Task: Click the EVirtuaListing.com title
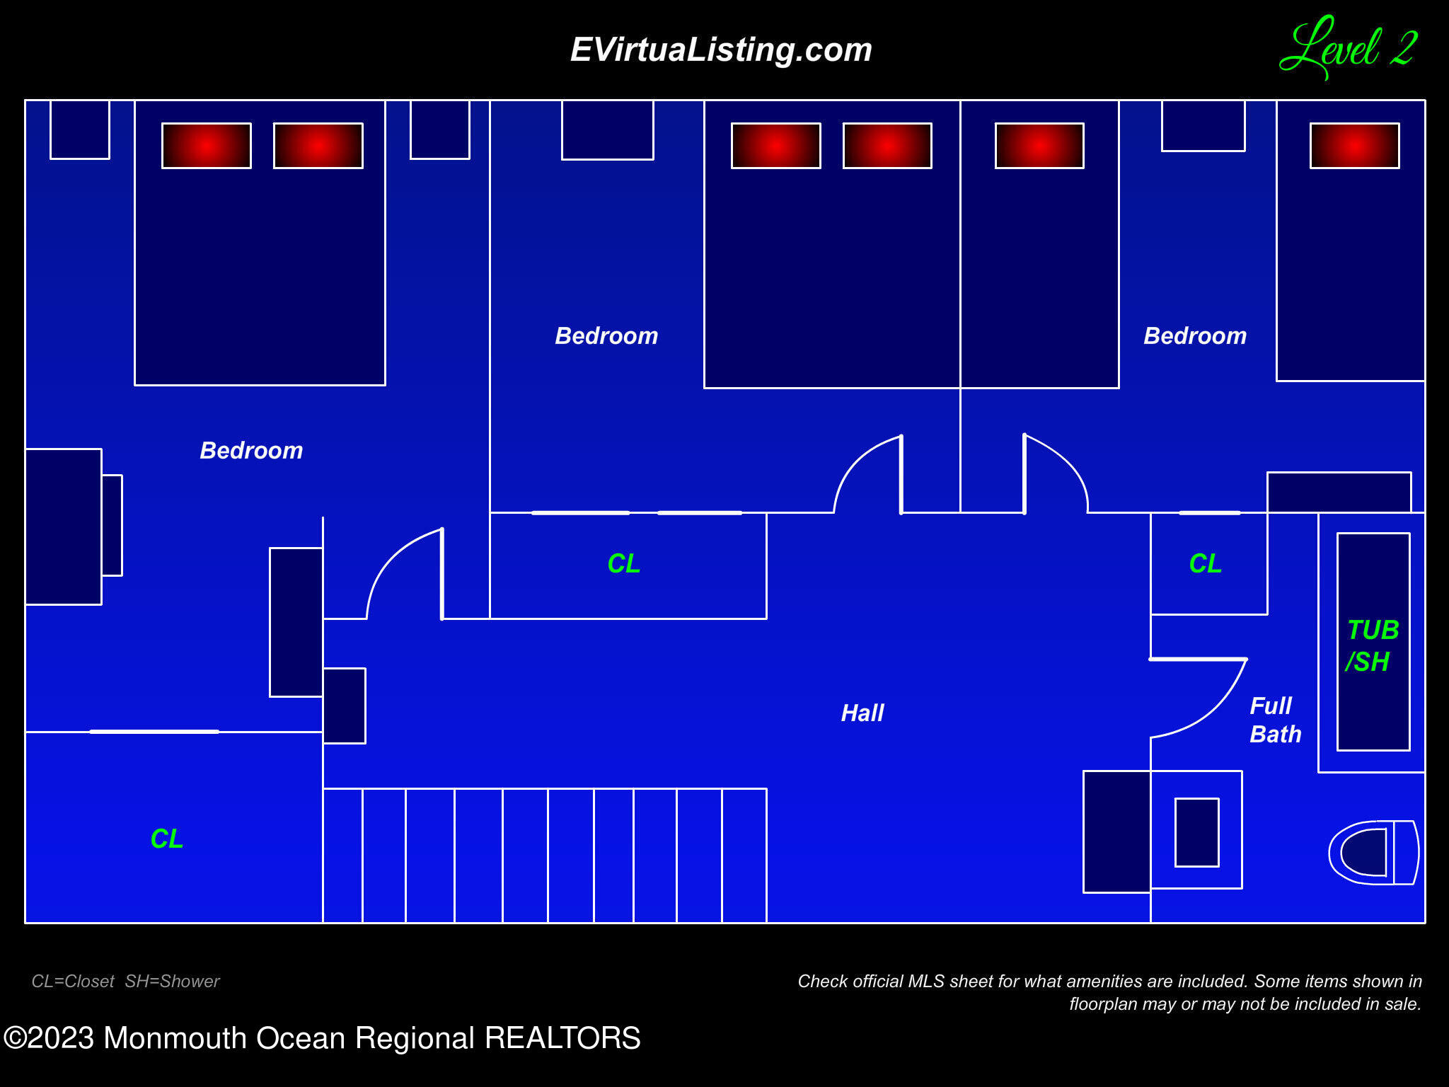click(721, 50)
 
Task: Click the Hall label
click(862, 713)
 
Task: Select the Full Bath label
click(1275, 720)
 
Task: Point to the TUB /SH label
click(1373, 645)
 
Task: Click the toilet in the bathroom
click(1373, 852)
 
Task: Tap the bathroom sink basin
click(1196, 832)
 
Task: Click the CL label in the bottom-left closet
click(167, 839)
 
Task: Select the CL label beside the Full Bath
click(1205, 563)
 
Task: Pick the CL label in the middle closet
click(623, 563)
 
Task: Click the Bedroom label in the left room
click(251, 451)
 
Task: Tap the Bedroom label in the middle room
click(606, 335)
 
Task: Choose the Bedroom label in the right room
click(1195, 335)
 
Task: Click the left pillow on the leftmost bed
click(207, 146)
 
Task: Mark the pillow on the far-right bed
click(1354, 146)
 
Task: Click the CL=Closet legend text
click(73, 982)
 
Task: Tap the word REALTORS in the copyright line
click(562, 1038)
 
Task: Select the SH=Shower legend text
click(172, 982)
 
